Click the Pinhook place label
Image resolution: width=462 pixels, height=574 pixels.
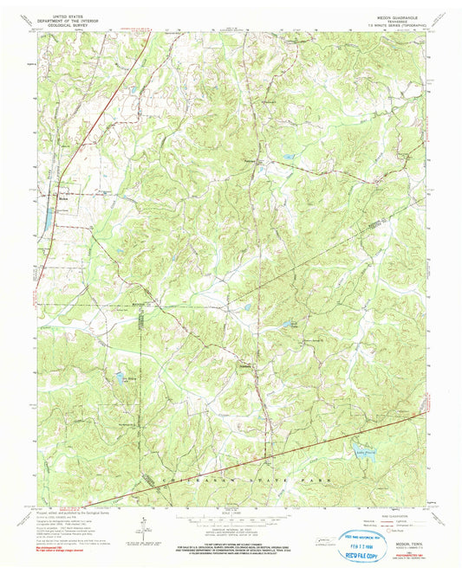point(251,161)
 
